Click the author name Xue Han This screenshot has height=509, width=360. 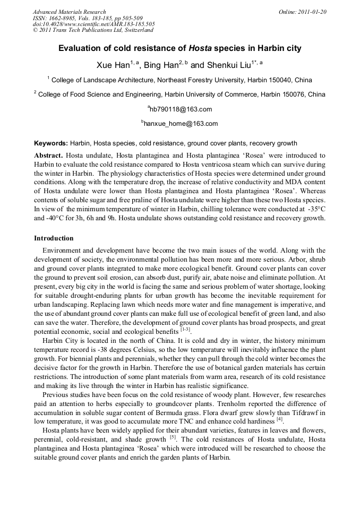(113, 65)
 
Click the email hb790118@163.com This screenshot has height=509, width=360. (181, 109)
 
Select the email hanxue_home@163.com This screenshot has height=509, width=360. (181, 124)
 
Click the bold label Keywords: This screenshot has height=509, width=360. (51, 143)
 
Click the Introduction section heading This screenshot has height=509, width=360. (54, 238)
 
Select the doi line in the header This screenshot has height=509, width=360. (94, 24)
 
